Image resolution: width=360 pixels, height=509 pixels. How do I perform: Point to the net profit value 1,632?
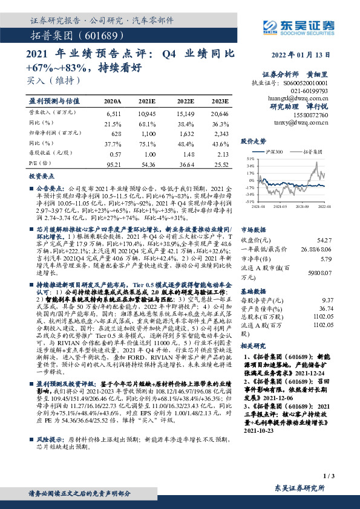pyautogui.click(x=185, y=132)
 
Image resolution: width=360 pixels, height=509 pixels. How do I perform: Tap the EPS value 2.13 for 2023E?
pyautogui.click(x=220, y=154)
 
